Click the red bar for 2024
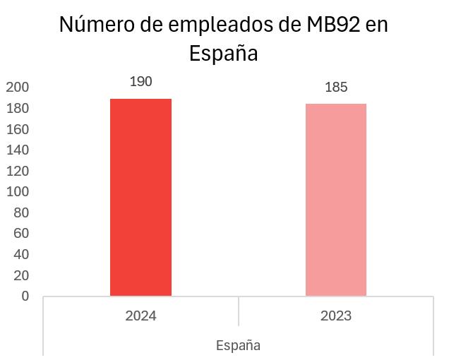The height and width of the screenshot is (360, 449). [x=141, y=198]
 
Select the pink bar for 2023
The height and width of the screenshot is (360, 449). [x=336, y=200]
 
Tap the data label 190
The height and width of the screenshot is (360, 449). [x=141, y=82]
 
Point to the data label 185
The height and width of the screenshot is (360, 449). [x=336, y=87]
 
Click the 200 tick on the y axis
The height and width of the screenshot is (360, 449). [x=18, y=87]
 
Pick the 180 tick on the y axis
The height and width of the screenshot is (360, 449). [x=18, y=108]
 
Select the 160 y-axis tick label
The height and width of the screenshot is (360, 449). [x=18, y=129]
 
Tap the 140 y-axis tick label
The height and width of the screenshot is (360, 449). [x=18, y=150]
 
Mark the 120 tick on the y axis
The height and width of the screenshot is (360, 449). [x=18, y=171]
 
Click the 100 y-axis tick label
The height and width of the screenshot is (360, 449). [x=18, y=191]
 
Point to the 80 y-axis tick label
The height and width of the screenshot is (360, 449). [x=21, y=212]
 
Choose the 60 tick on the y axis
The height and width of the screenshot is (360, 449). [x=21, y=234]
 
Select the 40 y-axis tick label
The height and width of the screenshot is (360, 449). [x=21, y=254]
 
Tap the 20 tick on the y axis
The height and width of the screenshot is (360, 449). [x=21, y=275]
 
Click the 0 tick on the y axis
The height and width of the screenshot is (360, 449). [x=25, y=296]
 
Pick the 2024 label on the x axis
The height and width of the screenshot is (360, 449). [x=141, y=316]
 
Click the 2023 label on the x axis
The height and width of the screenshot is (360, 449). [x=336, y=316]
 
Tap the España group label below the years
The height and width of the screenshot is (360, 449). [x=238, y=345]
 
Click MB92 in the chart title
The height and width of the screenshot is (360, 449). [x=333, y=24]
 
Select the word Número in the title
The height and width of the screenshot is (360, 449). [x=97, y=24]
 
